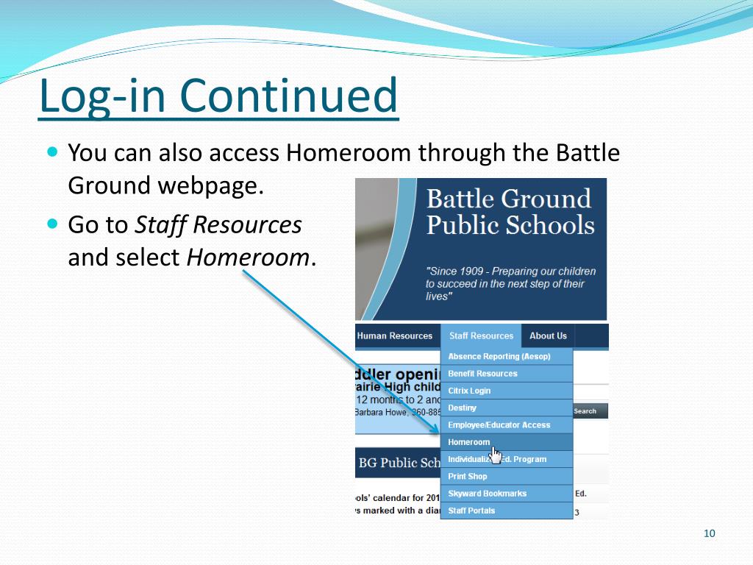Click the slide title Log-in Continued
tap(218, 96)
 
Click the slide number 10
tap(709, 533)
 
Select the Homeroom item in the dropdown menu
tap(468, 442)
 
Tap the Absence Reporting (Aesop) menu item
tap(499, 356)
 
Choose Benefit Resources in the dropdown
tap(482, 374)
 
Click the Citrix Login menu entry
tap(469, 391)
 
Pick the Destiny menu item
tap(463, 408)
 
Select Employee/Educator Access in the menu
tap(499, 425)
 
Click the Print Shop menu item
tap(467, 476)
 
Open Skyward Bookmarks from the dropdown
tap(487, 494)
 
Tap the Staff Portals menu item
tap(471, 511)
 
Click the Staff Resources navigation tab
tap(481, 335)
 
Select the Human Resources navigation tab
tap(395, 335)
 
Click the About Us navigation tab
tap(548, 335)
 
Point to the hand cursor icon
tap(495, 455)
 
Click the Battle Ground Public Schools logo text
tap(510, 211)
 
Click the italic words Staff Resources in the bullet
tap(218, 224)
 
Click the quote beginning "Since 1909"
tap(510, 283)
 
